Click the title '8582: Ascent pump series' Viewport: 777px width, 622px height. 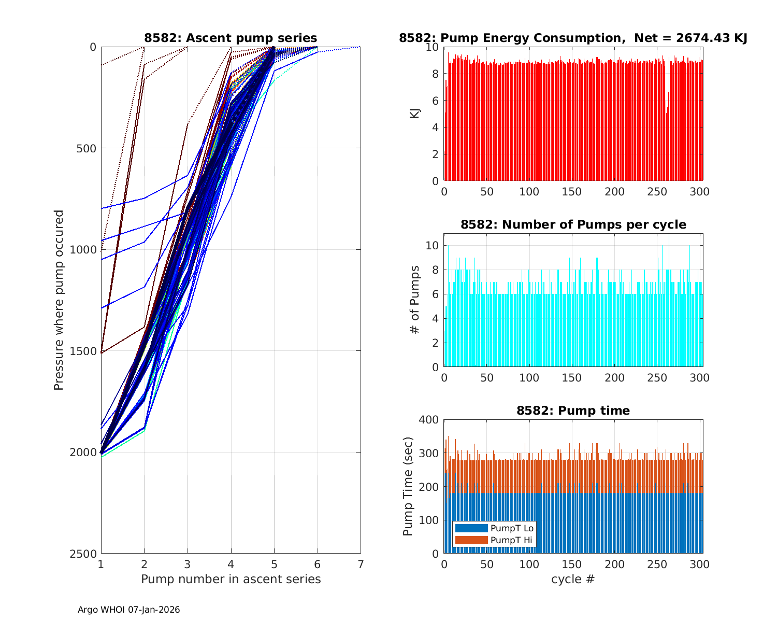[231, 38]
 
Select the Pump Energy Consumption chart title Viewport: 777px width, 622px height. [573, 38]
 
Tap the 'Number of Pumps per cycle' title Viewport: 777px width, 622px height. [573, 224]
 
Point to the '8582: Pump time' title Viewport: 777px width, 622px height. [573, 411]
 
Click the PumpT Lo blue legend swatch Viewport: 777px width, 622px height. [471, 528]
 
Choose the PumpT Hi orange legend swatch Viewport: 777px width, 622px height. [471, 540]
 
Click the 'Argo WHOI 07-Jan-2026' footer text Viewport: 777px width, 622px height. [129, 610]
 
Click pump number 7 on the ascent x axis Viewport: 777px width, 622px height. [361, 564]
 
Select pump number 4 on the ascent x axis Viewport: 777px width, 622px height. [231, 564]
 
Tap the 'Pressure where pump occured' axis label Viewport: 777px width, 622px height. [59, 300]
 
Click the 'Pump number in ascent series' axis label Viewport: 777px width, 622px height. [231, 579]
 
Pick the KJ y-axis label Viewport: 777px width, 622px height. [415, 114]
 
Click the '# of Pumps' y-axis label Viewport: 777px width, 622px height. [415, 300]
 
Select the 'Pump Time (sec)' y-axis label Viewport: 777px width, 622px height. [408, 486]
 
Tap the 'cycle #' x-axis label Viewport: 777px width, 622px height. [573, 579]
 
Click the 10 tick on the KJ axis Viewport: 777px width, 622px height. [433, 47]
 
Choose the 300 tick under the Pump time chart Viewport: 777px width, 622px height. [700, 564]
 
